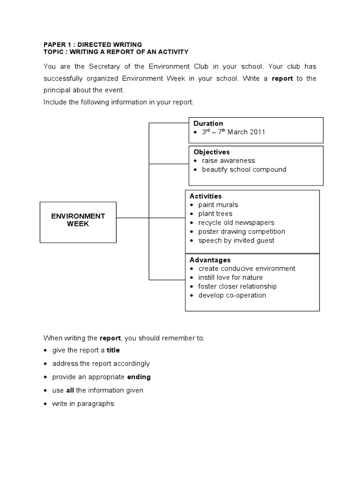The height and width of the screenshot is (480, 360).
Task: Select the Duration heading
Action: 208,123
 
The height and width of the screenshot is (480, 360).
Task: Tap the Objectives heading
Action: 211,152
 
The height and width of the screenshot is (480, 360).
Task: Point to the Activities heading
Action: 205,196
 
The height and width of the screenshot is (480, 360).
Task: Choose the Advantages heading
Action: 210,260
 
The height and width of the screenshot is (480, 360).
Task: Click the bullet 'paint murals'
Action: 218,205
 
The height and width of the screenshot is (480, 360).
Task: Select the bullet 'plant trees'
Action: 215,214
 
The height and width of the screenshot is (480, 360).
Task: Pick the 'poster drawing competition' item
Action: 241,232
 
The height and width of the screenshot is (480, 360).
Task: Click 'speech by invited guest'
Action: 236,240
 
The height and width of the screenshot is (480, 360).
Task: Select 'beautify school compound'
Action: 244,170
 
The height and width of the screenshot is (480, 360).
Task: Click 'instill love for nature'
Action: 230,277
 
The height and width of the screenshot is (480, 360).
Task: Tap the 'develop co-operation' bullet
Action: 232,295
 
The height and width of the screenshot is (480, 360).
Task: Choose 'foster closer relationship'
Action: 237,286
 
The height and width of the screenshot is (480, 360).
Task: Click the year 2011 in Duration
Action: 257,132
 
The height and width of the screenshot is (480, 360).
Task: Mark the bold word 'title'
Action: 113,350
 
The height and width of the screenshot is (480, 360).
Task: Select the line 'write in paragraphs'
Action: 83,404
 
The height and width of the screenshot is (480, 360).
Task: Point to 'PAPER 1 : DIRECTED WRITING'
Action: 92,45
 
